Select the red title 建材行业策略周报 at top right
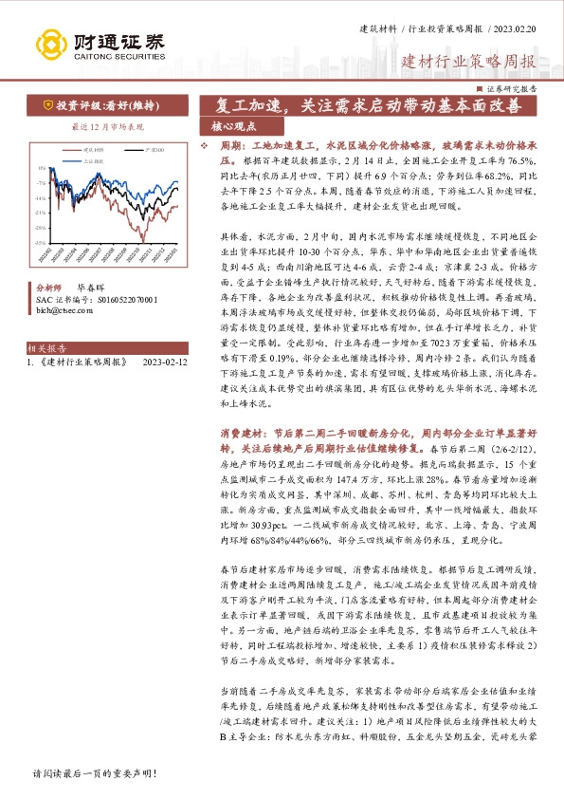point(469,63)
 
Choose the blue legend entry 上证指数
point(96,160)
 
